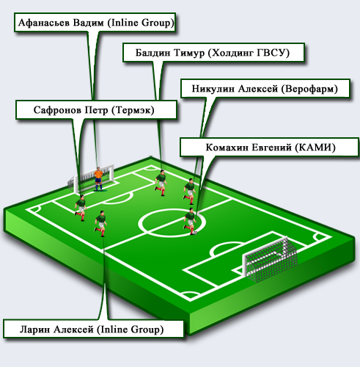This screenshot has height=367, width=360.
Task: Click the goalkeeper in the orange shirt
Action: point(98,179)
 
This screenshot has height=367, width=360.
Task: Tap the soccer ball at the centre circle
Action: point(195,233)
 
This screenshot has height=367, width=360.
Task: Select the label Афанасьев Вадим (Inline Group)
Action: point(95,23)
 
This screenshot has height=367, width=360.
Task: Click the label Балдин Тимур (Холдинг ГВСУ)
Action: point(213,53)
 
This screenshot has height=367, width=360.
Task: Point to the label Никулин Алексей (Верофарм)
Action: point(265,88)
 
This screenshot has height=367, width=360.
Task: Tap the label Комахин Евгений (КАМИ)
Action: point(270,148)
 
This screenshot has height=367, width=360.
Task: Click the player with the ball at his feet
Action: point(190,221)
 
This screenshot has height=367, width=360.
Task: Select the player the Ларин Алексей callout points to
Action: point(100,223)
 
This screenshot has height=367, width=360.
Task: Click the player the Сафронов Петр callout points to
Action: point(81,208)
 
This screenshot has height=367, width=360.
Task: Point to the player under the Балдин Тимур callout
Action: point(161,183)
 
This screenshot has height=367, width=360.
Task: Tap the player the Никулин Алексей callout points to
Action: point(190,192)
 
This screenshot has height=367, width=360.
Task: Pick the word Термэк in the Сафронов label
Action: point(133,110)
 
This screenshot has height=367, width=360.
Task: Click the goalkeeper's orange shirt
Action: point(98,174)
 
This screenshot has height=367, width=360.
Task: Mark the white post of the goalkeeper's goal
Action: point(111,173)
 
